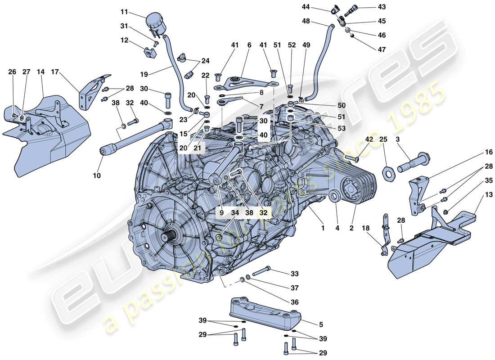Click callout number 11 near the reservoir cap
(x=124, y=11)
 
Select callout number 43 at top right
(x=382, y=7)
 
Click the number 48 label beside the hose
(x=306, y=21)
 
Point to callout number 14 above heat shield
(x=40, y=72)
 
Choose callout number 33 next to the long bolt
(x=295, y=274)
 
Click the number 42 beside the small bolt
(x=369, y=139)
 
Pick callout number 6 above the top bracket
(x=249, y=45)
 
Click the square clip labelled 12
(x=149, y=53)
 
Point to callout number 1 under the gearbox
(x=322, y=228)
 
